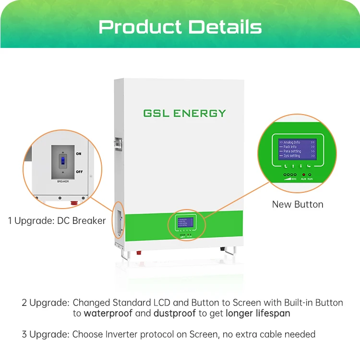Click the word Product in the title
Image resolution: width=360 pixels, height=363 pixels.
pyautogui.click(x=140, y=27)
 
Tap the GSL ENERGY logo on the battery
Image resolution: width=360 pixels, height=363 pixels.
pyautogui.click(x=184, y=113)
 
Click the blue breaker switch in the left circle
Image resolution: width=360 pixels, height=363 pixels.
pyautogui.click(x=62, y=161)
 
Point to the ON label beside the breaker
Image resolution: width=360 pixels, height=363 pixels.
pyautogui.click(x=79, y=153)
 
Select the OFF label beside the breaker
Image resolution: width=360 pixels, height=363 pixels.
pyautogui.click(x=79, y=171)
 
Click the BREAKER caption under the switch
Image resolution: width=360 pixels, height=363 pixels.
pyautogui.click(x=63, y=182)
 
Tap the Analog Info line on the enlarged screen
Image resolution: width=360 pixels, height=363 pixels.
pyautogui.click(x=292, y=142)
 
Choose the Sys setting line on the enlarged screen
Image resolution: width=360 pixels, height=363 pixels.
pyautogui.click(x=291, y=156)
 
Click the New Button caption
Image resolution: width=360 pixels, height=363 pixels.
pyautogui.click(x=298, y=204)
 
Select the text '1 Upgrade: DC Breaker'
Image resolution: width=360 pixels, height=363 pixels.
pyautogui.click(x=57, y=221)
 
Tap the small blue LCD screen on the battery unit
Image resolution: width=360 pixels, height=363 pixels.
pyautogui.click(x=185, y=222)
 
